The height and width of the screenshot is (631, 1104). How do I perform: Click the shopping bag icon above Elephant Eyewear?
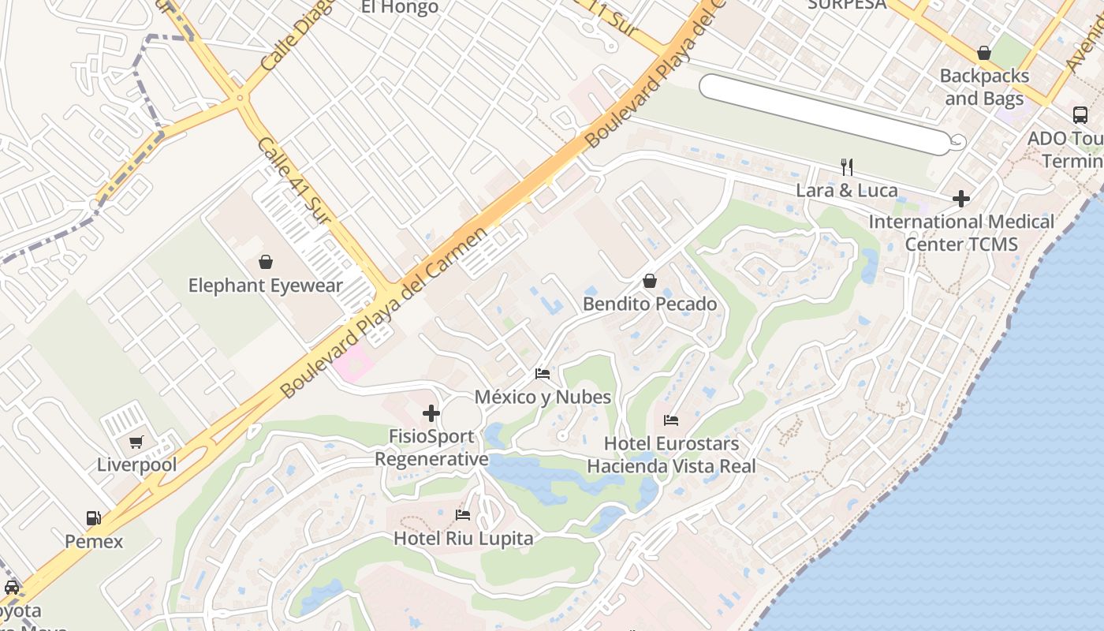click(266, 262)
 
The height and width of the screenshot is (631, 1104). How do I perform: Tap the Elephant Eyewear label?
click(266, 286)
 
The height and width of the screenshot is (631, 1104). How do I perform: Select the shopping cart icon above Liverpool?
click(136, 442)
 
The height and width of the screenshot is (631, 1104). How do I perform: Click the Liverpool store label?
click(136, 465)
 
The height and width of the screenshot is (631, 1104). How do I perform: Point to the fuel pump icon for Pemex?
click(94, 518)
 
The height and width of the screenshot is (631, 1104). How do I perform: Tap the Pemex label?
click(94, 542)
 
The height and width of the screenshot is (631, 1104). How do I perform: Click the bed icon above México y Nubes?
click(543, 373)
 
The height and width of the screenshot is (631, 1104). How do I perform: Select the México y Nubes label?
click(543, 397)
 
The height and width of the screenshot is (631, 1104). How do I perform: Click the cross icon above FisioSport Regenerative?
click(431, 413)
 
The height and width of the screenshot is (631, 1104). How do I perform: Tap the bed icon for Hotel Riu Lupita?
click(463, 515)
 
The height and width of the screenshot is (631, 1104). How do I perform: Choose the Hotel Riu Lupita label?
click(463, 539)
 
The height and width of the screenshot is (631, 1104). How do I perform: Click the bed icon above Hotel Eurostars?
click(671, 420)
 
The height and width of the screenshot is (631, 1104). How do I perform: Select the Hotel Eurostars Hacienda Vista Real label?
click(671, 455)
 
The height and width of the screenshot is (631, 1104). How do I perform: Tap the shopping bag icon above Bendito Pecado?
click(650, 281)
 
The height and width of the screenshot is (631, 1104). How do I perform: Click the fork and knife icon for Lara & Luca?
click(847, 166)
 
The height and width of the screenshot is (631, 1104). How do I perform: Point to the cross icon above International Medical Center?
click(960, 199)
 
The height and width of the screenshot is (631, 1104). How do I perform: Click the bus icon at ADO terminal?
click(1080, 115)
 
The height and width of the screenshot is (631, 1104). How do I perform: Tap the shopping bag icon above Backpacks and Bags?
click(984, 53)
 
